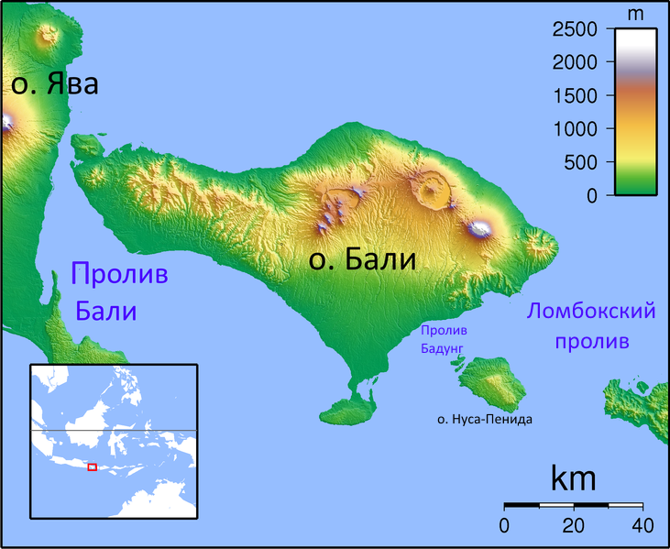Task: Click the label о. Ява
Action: (x=54, y=85)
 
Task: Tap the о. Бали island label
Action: (x=362, y=260)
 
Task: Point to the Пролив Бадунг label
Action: (x=444, y=339)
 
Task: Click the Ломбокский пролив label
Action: (x=591, y=325)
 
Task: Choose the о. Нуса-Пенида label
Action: (x=484, y=419)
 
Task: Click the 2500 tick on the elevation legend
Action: (x=576, y=30)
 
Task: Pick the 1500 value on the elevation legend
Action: (x=576, y=96)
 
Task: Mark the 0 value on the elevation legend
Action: (x=591, y=195)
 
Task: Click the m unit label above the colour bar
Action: (x=634, y=13)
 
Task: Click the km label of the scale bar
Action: (x=573, y=478)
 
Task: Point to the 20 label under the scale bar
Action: (x=574, y=526)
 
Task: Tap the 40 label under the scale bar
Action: (x=642, y=526)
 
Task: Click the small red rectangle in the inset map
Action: (x=92, y=467)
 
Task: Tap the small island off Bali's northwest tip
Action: (x=89, y=145)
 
